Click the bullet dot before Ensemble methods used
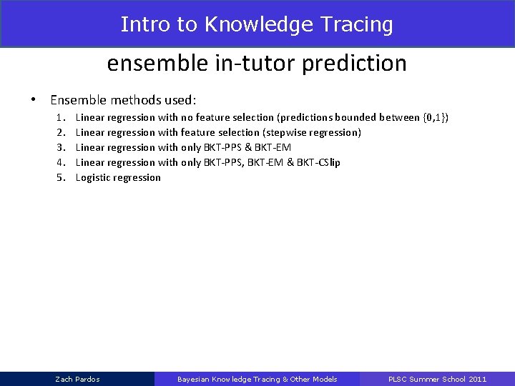click(34, 100)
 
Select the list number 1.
click(61, 117)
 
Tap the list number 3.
click(61, 147)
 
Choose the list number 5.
click(61, 177)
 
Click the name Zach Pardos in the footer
click(77, 379)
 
